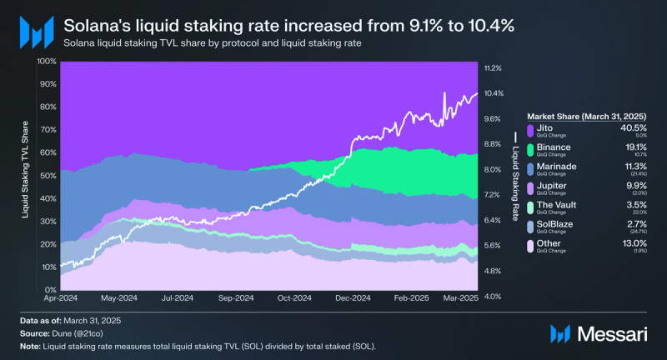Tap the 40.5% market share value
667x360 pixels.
point(634,127)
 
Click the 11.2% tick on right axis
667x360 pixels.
point(493,67)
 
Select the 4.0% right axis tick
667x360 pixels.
point(493,297)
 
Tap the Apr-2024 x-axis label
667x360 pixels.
point(61,297)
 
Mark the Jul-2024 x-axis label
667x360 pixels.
point(178,297)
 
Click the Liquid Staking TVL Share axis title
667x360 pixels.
point(25,176)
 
